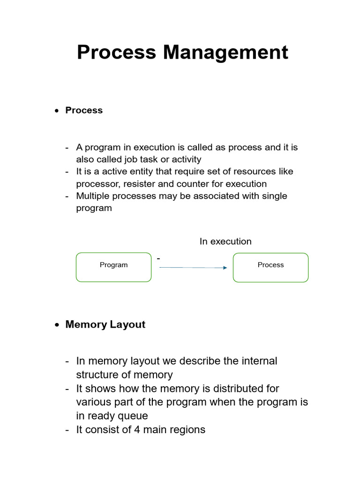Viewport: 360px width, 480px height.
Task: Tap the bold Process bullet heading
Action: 84,110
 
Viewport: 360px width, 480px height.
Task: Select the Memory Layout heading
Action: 105,324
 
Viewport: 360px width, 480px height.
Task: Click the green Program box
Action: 114,267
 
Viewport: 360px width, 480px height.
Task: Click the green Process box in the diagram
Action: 271,267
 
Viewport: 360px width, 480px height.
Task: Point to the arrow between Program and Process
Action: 193,268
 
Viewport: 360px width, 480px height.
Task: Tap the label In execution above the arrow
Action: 225,241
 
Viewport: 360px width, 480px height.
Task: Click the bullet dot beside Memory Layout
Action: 57,325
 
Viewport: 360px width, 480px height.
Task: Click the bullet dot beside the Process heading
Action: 57,111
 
